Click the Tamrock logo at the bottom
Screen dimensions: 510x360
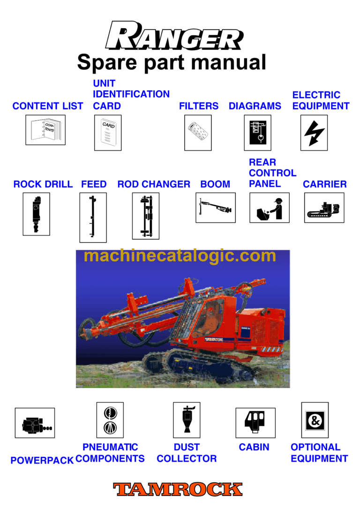(x=178, y=489)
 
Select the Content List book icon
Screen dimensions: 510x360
(x=45, y=130)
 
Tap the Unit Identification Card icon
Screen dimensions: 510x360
(x=108, y=133)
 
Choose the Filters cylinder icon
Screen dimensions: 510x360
(x=197, y=133)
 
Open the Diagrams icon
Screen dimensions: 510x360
(x=257, y=133)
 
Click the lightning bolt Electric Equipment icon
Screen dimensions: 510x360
(x=314, y=133)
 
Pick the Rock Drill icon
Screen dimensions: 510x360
(x=36, y=213)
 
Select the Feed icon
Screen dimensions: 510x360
(x=93, y=217)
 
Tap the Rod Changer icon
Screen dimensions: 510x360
(x=145, y=216)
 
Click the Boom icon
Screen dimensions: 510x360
(x=215, y=207)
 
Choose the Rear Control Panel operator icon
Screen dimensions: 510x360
(x=269, y=207)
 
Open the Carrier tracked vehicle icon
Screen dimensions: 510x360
(x=324, y=207)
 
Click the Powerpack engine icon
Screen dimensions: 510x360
(x=35, y=423)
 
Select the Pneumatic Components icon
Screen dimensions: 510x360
(x=110, y=419)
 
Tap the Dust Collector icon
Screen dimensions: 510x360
(x=187, y=419)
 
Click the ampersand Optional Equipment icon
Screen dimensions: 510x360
(x=315, y=419)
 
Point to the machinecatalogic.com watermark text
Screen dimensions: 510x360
(x=180, y=256)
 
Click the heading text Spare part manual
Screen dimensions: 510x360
(x=172, y=62)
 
